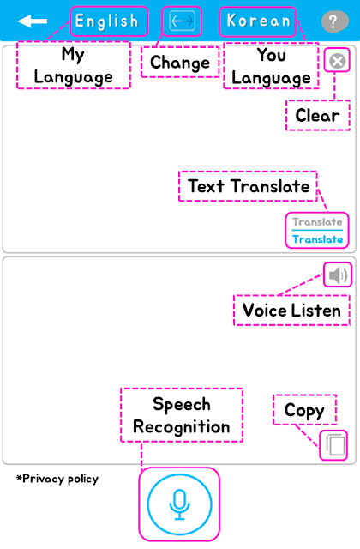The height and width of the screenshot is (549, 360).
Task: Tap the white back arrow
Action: (33, 21)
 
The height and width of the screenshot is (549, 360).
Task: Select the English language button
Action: (107, 21)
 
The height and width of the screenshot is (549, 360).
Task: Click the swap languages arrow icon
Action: (182, 21)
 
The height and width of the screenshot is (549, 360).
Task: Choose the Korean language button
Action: (258, 21)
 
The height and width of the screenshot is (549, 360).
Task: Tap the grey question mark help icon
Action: (335, 21)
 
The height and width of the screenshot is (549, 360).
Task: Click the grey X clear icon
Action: (337, 61)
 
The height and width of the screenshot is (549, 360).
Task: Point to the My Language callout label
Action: (73, 65)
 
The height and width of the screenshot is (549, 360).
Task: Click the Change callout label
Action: (180, 63)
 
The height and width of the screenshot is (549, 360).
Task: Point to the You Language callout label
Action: (271, 66)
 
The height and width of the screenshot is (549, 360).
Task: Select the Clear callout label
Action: (317, 115)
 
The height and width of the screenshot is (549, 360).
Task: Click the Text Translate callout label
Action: (249, 186)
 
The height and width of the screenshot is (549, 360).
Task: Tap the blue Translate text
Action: (317, 239)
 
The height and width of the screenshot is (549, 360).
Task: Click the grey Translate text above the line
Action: (317, 221)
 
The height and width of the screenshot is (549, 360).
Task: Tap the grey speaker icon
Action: (338, 274)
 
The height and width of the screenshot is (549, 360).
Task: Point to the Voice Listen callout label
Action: (291, 311)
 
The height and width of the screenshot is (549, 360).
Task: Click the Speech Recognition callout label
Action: (182, 415)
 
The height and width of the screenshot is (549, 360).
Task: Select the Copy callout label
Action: (304, 411)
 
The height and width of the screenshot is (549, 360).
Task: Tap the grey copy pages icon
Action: (335, 445)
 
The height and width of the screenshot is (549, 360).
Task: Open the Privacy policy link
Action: (57, 479)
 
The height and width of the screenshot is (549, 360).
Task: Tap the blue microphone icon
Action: (179, 504)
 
